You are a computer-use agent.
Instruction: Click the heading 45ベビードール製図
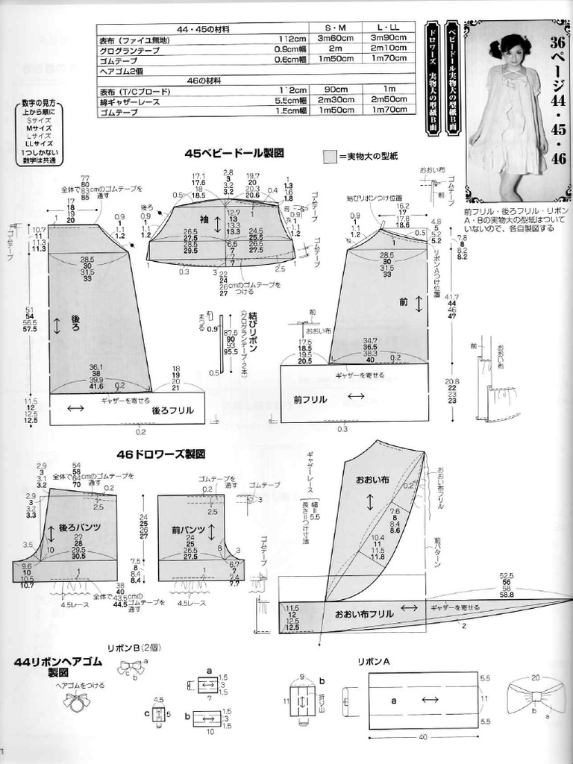(234, 153)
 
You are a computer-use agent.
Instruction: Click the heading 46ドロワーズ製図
(160, 454)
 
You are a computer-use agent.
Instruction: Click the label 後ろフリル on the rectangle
(172, 410)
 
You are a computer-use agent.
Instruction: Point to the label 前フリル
(310, 399)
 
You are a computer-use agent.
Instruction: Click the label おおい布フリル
(364, 614)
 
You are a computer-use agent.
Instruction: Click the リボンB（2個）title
(134, 648)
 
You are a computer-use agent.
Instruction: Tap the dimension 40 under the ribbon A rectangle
(422, 736)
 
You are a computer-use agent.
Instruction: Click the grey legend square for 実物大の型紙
(328, 156)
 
